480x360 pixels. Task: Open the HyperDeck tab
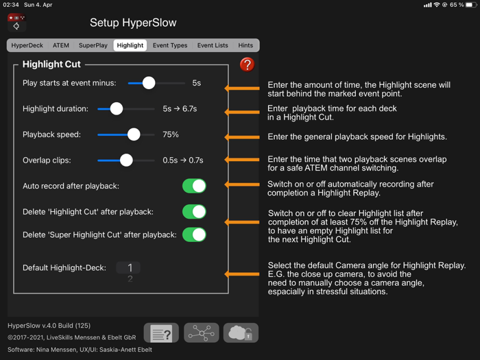pos(27,45)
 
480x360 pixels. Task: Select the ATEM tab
pos(61,45)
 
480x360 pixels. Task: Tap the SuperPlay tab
pos(93,45)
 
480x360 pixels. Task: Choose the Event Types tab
pos(169,45)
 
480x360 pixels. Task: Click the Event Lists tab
pos(213,45)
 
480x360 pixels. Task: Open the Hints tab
pos(245,45)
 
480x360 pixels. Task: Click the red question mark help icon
pos(247,64)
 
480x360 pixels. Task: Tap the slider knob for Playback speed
pos(134,134)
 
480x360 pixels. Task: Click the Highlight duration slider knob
pos(117,108)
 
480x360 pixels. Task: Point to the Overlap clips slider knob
pos(126,160)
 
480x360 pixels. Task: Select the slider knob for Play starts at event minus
pos(148,83)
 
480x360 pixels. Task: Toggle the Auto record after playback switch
pos(194,186)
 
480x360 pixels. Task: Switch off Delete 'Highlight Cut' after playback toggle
pos(194,212)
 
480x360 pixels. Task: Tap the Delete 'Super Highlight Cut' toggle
pos(194,235)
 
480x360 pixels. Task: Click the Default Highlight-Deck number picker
pos(129,268)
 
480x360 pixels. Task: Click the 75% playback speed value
pos(171,135)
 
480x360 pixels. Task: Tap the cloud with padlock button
pos(241,333)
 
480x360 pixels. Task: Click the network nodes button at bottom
pos(201,333)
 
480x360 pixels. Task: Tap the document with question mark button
pos(161,333)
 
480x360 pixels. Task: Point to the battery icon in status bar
pos(470,5)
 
